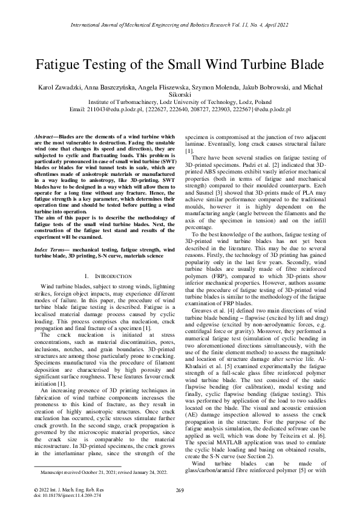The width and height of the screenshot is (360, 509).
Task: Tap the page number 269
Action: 180,489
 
